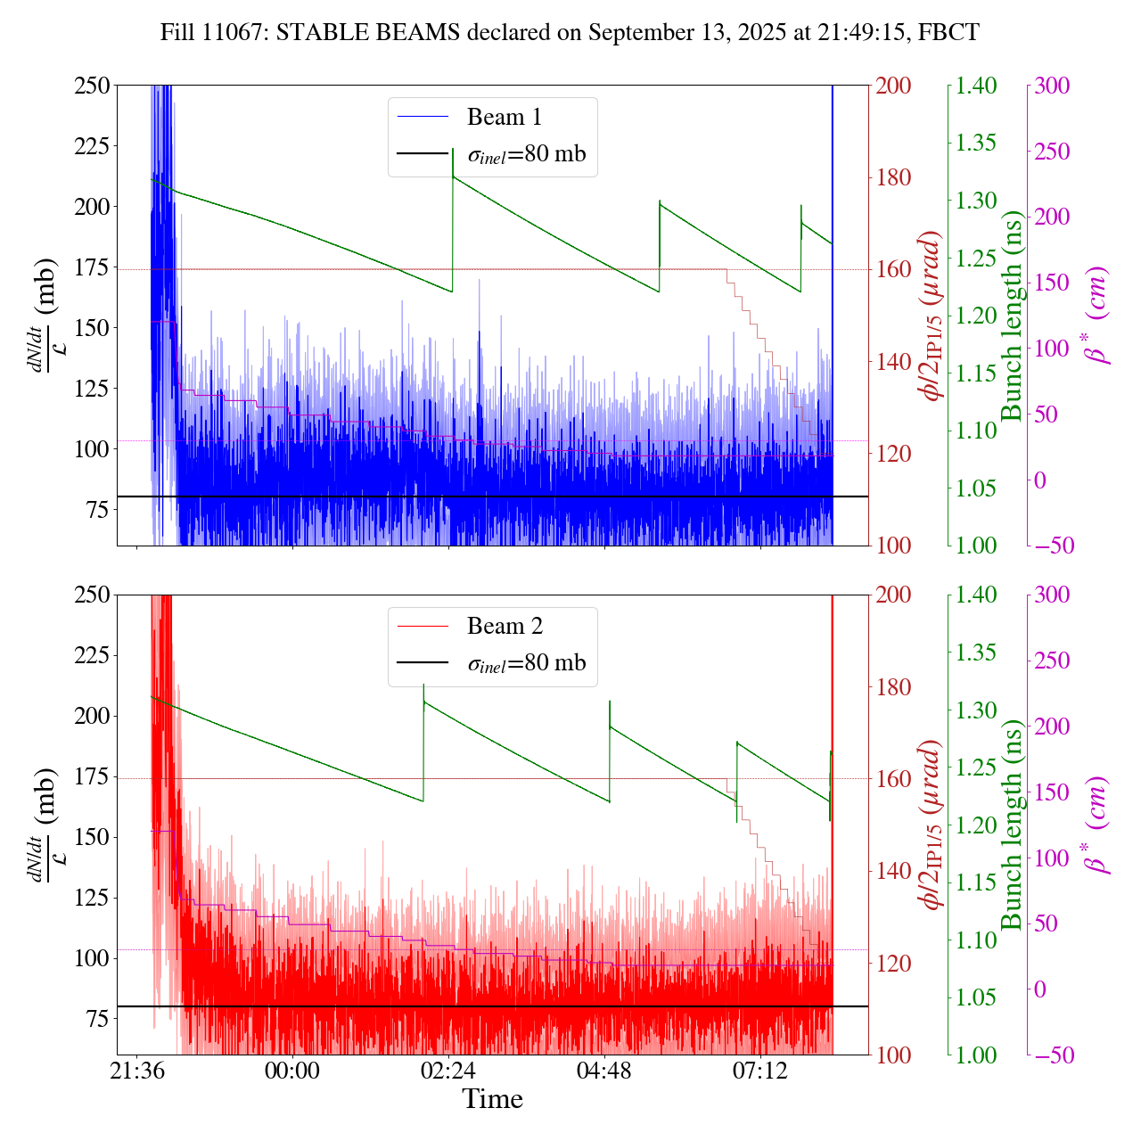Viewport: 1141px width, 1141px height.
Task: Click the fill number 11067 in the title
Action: point(239,33)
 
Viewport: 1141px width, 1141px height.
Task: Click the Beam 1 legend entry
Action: point(504,117)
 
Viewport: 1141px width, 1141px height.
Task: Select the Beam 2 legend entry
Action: point(504,626)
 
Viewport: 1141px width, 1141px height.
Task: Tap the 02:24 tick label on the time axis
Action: point(448,1071)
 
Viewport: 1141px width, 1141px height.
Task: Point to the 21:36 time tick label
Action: point(136,1071)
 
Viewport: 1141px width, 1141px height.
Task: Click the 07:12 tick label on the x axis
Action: point(760,1071)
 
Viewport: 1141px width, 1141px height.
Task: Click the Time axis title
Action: point(492,1099)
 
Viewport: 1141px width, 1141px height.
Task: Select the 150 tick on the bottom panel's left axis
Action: point(93,837)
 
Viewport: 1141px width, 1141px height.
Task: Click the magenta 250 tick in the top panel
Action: point(1052,152)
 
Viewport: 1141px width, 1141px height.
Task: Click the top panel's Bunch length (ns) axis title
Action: point(1013,316)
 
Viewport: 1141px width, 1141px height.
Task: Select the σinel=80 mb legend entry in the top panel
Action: point(528,154)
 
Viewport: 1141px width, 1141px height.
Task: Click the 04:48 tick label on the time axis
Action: point(604,1071)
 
